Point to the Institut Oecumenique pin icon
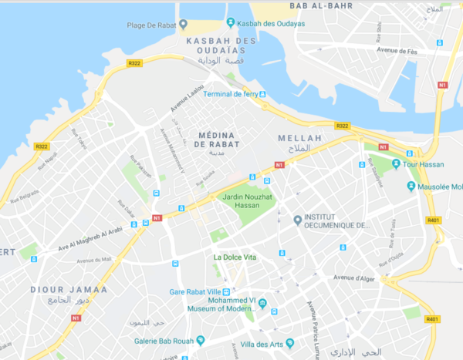click(x=298, y=221)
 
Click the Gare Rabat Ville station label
click(x=202, y=292)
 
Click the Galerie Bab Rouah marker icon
click(x=201, y=340)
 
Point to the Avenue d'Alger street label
click(x=353, y=277)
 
